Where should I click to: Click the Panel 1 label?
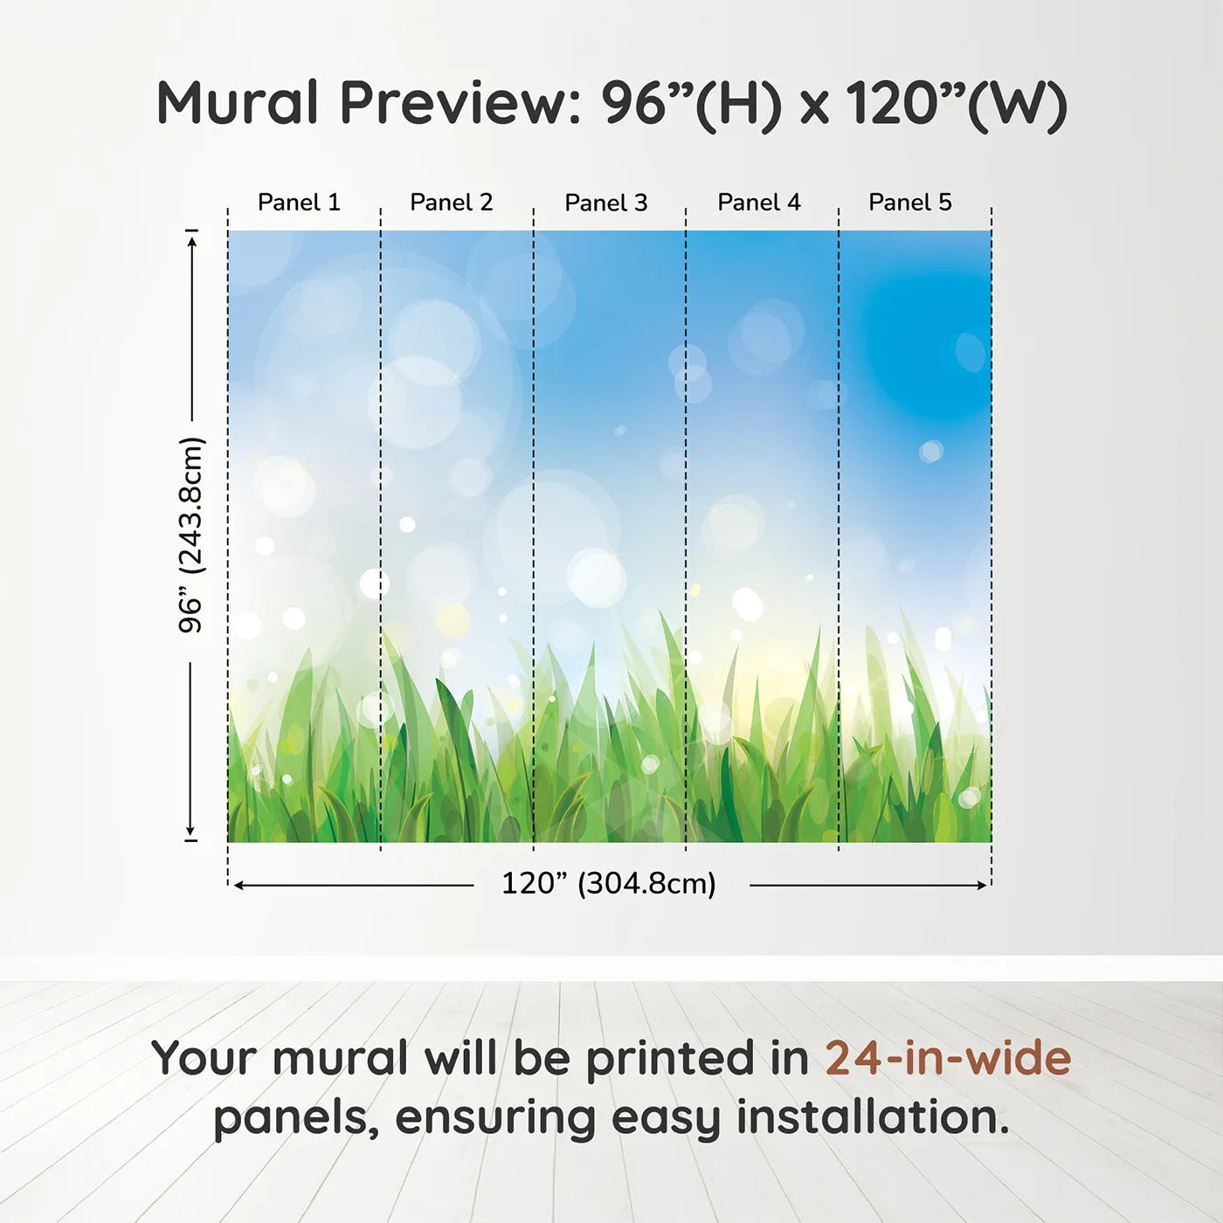pyautogui.click(x=299, y=203)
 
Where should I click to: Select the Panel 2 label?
pyautogui.click(x=452, y=203)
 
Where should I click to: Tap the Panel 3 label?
pyautogui.click(x=606, y=204)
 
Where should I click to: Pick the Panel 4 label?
pyautogui.click(x=759, y=203)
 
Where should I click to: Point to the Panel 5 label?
pyautogui.click(x=910, y=203)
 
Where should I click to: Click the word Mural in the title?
pyautogui.click(x=238, y=103)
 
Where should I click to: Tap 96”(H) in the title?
pyautogui.click(x=691, y=103)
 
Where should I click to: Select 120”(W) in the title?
pyautogui.click(x=957, y=103)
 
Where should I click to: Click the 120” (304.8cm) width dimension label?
pyautogui.click(x=609, y=884)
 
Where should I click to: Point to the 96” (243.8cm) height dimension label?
pyautogui.click(x=191, y=535)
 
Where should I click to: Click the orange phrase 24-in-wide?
pyautogui.click(x=948, y=1058)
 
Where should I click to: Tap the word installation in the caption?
pyautogui.click(x=872, y=1117)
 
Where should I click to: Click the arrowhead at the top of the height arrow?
pyautogui.click(x=191, y=238)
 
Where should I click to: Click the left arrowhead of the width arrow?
pyautogui.click(x=238, y=886)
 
